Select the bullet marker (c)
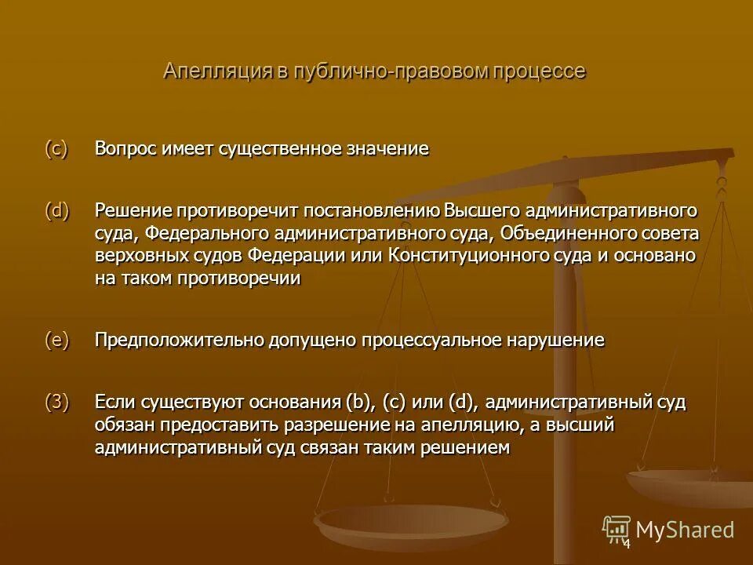57,148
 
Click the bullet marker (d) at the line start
57,210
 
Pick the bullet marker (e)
57,340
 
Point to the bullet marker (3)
57,403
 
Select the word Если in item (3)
115,403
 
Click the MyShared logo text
685,530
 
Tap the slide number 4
627,544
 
